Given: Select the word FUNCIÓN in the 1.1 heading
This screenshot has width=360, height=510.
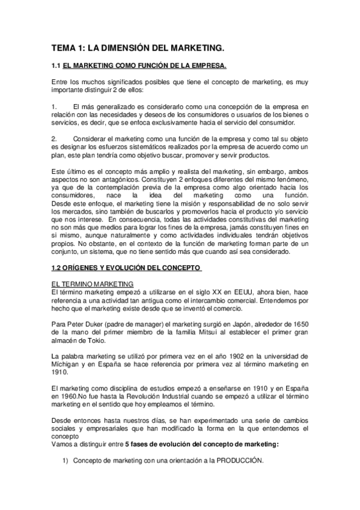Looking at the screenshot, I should pos(172,66).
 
